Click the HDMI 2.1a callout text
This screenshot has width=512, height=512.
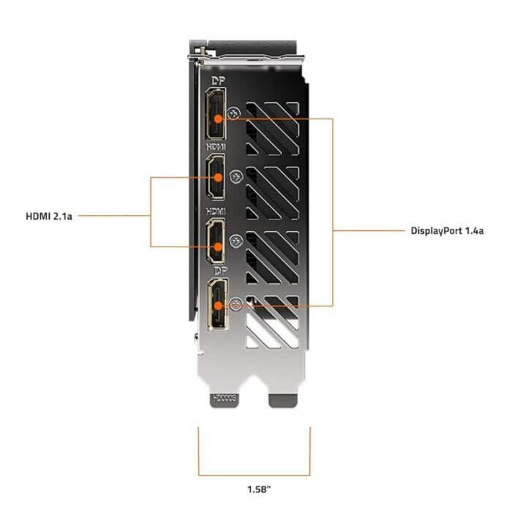click(49, 216)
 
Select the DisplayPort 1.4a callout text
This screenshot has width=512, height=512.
click(447, 230)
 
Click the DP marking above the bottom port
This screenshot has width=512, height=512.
click(217, 270)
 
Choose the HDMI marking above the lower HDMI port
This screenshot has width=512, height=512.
click(217, 211)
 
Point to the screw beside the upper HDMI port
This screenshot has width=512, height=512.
click(235, 176)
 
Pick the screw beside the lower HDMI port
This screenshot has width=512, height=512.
click(235, 241)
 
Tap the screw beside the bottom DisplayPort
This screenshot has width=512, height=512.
click(235, 304)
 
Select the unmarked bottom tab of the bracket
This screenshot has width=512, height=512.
click(285, 399)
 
